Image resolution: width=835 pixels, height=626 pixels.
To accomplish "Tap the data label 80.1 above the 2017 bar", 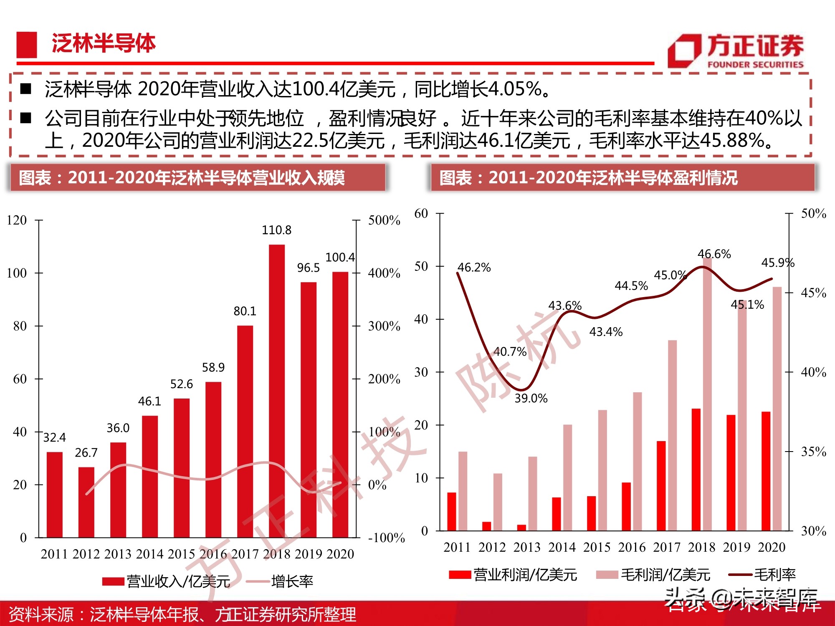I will [x=245, y=311].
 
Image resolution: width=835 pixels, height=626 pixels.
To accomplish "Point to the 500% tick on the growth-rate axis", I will [x=384, y=220].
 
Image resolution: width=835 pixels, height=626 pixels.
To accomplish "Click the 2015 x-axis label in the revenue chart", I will [x=181, y=554].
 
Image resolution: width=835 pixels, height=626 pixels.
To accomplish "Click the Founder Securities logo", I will [x=735, y=51].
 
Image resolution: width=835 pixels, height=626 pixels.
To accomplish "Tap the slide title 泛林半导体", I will [x=103, y=43].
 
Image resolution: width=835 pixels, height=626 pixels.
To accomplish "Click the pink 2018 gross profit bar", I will [x=707, y=394].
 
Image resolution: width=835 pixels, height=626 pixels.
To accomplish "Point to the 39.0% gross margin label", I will [x=531, y=398].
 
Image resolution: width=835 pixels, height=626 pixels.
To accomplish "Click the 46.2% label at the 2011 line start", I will [x=474, y=268].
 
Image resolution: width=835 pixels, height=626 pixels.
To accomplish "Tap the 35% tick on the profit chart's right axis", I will [x=813, y=452].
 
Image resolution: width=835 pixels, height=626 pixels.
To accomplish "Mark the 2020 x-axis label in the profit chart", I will [x=772, y=547].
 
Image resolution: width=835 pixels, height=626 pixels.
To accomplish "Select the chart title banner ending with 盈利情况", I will [x=622, y=178].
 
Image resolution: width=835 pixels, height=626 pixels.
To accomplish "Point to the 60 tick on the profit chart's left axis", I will [x=421, y=213].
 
